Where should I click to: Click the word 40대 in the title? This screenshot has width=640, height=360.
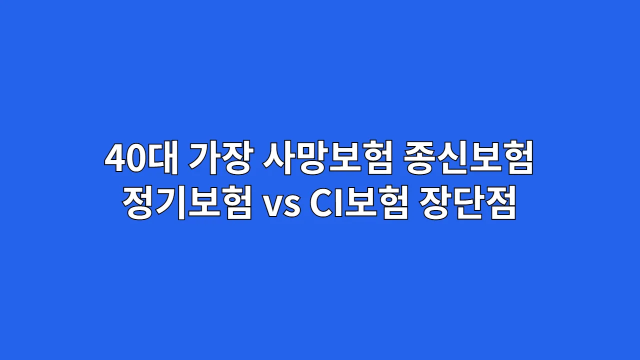tap(141, 159)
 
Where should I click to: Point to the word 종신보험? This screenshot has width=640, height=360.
tap(469, 159)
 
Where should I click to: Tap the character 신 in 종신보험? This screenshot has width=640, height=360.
tap(453, 159)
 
